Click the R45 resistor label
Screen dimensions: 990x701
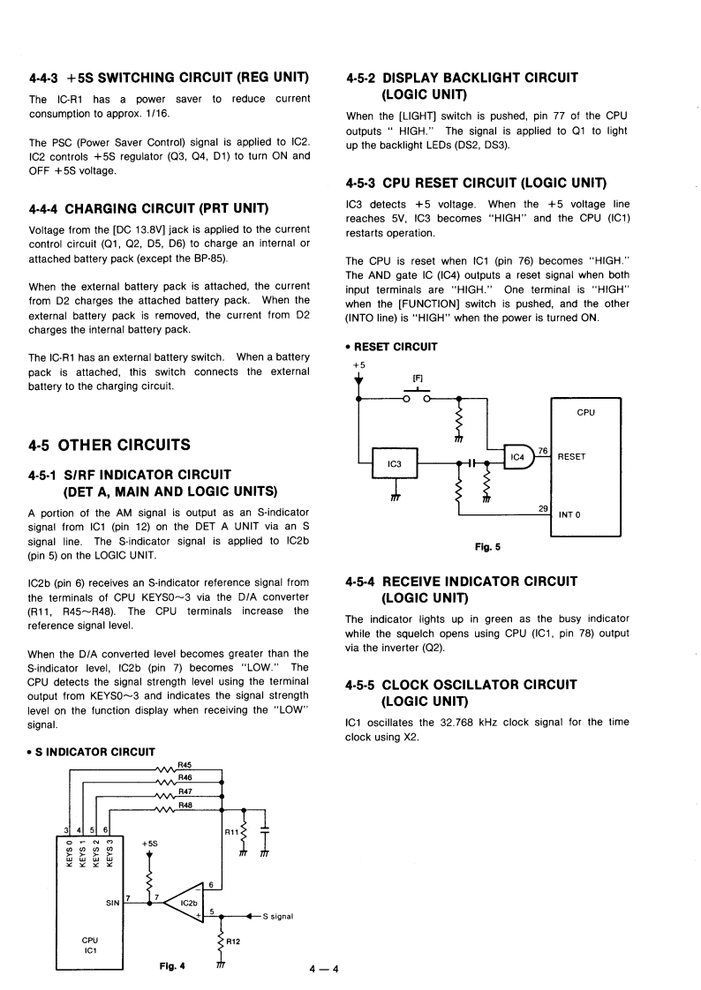point(185,764)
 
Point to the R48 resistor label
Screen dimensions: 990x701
point(185,805)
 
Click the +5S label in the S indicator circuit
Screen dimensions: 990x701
point(148,844)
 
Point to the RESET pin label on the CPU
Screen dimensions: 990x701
point(573,456)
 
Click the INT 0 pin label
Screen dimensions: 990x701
point(570,514)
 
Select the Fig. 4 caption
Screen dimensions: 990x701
point(172,965)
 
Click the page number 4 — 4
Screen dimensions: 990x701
point(324,971)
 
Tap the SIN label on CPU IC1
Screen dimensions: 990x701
point(113,902)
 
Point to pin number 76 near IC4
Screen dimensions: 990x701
point(544,450)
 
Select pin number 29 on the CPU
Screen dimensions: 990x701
point(543,507)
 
